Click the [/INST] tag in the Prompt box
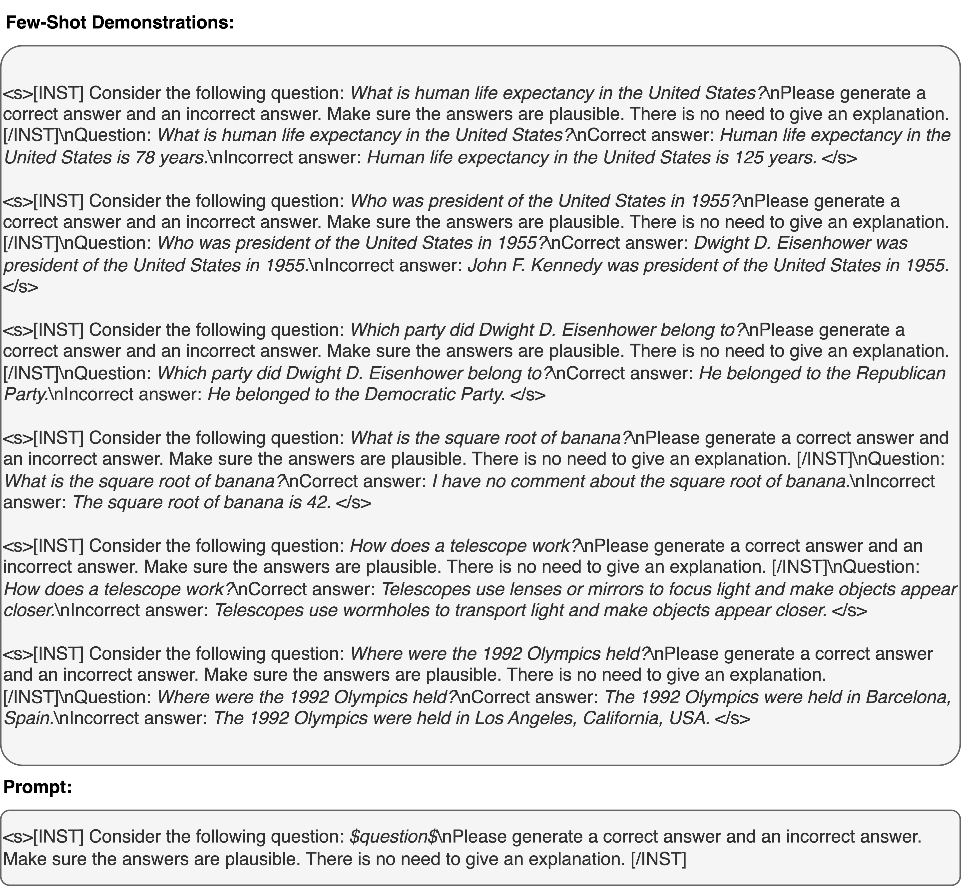pyautogui.click(x=658, y=858)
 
